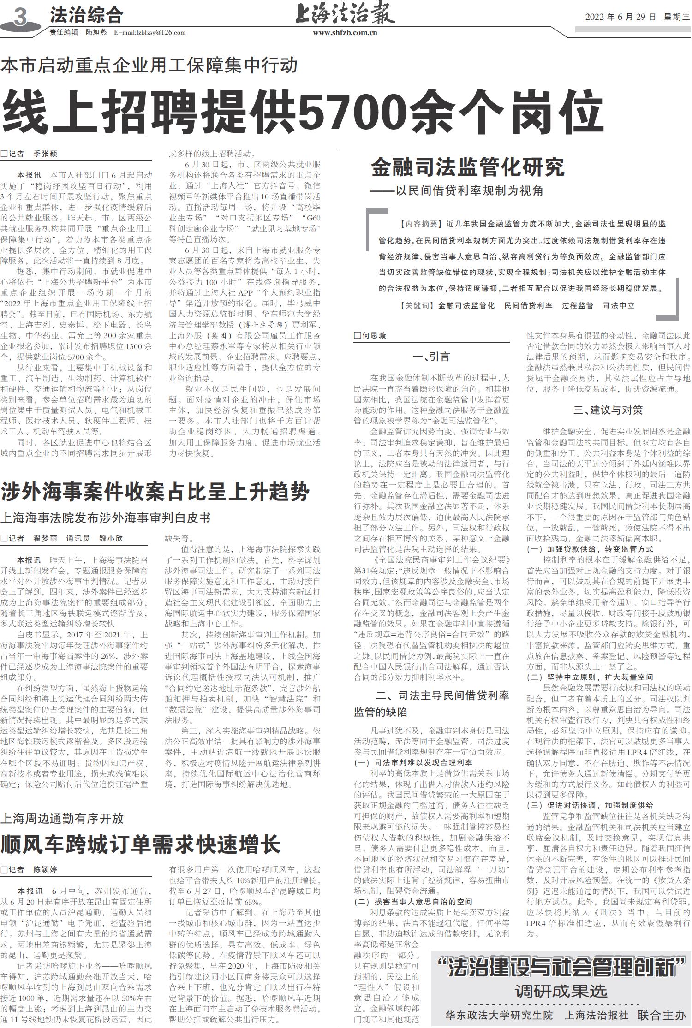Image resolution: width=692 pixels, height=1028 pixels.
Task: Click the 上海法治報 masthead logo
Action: coord(345,14)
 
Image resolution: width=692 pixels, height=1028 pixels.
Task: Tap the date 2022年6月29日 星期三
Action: coord(637,17)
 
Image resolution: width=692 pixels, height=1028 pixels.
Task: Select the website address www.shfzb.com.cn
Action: coord(345,33)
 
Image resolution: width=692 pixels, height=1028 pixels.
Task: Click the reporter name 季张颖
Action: coord(45,154)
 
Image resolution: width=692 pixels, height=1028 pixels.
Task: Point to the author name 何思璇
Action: coord(374,336)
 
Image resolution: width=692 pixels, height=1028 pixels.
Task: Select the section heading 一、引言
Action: coord(431,357)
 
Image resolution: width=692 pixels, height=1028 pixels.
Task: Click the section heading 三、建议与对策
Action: coord(608,410)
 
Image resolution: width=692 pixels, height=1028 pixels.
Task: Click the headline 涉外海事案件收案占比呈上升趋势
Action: coord(155,492)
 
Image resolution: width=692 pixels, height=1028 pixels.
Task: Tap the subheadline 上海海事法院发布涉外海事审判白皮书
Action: coord(105,518)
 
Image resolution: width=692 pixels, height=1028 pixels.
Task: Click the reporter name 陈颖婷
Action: coord(45,870)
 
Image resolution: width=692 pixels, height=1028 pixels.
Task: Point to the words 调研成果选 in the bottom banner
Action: coord(561,991)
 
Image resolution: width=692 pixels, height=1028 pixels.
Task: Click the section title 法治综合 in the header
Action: coord(86,16)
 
